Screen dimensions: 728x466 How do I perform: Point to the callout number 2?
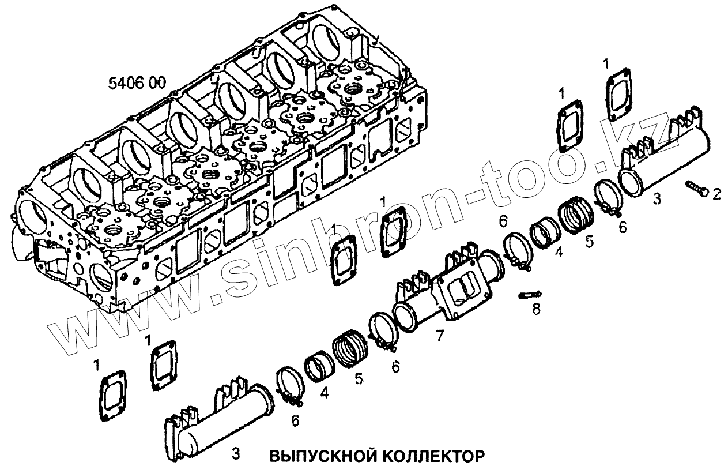tap(716, 195)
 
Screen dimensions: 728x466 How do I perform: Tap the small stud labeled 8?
tap(527, 295)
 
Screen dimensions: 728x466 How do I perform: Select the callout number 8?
tap(536, 310)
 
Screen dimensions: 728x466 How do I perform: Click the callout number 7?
tap(440, 335)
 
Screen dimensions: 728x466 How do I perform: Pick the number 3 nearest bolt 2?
tap(657, 200)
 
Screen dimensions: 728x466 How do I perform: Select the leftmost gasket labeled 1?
tap(113, 396)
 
